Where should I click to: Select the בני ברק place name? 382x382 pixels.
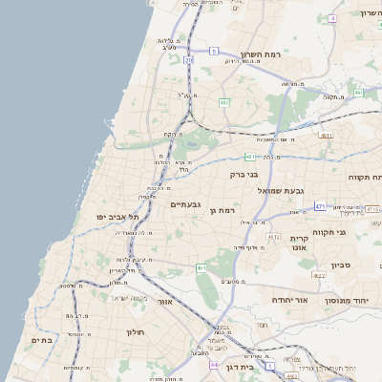click(244, 175)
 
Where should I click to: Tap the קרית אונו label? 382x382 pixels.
click(299, 243)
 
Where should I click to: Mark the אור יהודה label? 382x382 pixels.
click(287, 300)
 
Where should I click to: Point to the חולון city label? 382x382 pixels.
click(134, 332)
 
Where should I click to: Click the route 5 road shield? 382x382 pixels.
click(215, 51)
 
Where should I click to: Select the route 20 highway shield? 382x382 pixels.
click(189, 60)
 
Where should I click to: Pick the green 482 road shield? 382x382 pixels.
click(223, 101)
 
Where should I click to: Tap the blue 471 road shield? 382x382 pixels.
click(320, 206)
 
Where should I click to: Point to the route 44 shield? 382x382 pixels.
click(213, 364)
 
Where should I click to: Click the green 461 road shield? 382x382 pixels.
click(202, 268)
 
